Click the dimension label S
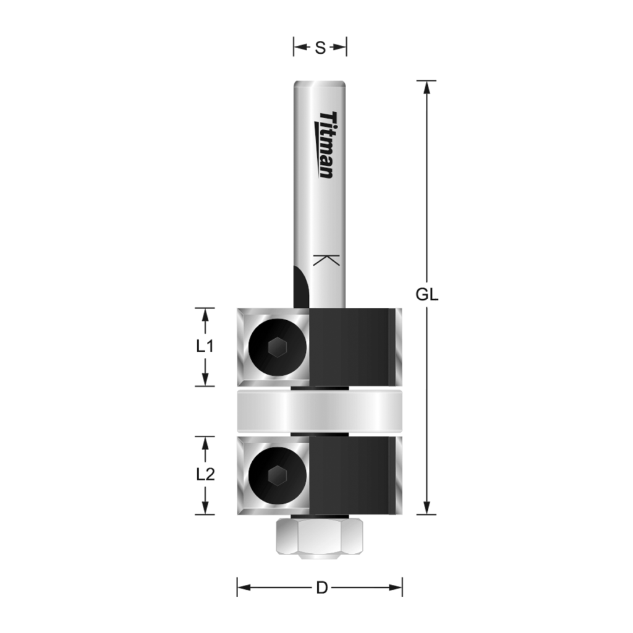(320, 48)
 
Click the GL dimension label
(427, 295)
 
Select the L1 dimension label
(205, 347)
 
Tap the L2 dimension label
(205, 475)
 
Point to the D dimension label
(321, 588)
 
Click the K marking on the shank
(326, 260)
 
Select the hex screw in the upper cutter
(276, 348)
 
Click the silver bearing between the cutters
(320, 412)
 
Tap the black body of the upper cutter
(349, 346)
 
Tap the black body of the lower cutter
(349, 475)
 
